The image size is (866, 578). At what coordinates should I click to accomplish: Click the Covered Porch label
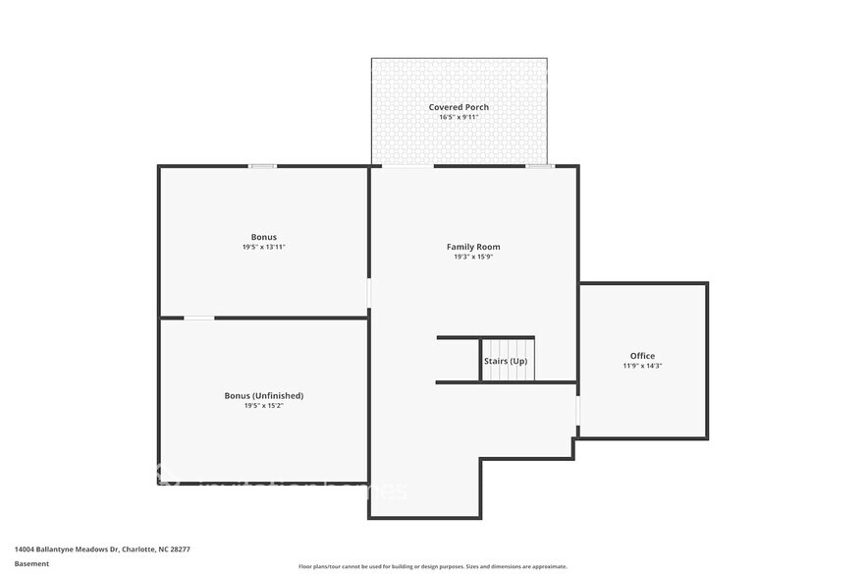point(459,107)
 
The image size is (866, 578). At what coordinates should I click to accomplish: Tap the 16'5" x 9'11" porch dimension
point(459,117)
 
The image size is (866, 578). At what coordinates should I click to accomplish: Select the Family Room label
point(473,247)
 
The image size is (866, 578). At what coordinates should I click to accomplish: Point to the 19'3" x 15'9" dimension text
point(473,257)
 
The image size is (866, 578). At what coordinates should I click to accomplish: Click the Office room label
point(642,356)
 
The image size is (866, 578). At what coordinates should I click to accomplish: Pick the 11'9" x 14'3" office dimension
point(642,366)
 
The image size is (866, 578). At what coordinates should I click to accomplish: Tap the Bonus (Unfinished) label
point(263,395)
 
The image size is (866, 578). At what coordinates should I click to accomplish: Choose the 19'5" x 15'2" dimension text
point(263,405)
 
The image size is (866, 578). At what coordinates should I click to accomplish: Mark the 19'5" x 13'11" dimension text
point(263,247)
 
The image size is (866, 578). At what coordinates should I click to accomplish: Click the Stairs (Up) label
point(506,362)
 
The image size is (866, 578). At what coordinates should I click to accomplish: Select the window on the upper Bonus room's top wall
point(262,166)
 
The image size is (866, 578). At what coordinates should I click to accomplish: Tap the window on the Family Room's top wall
point(539,166)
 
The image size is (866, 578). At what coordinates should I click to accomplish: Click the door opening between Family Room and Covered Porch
point(406,166)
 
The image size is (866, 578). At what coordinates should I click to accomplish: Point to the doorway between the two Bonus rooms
point(199,318)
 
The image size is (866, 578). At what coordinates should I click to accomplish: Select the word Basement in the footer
point(31,564)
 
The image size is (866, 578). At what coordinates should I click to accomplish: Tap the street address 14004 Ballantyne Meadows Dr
point(65,550)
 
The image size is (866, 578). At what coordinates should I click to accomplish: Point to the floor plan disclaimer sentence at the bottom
point(433,567)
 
